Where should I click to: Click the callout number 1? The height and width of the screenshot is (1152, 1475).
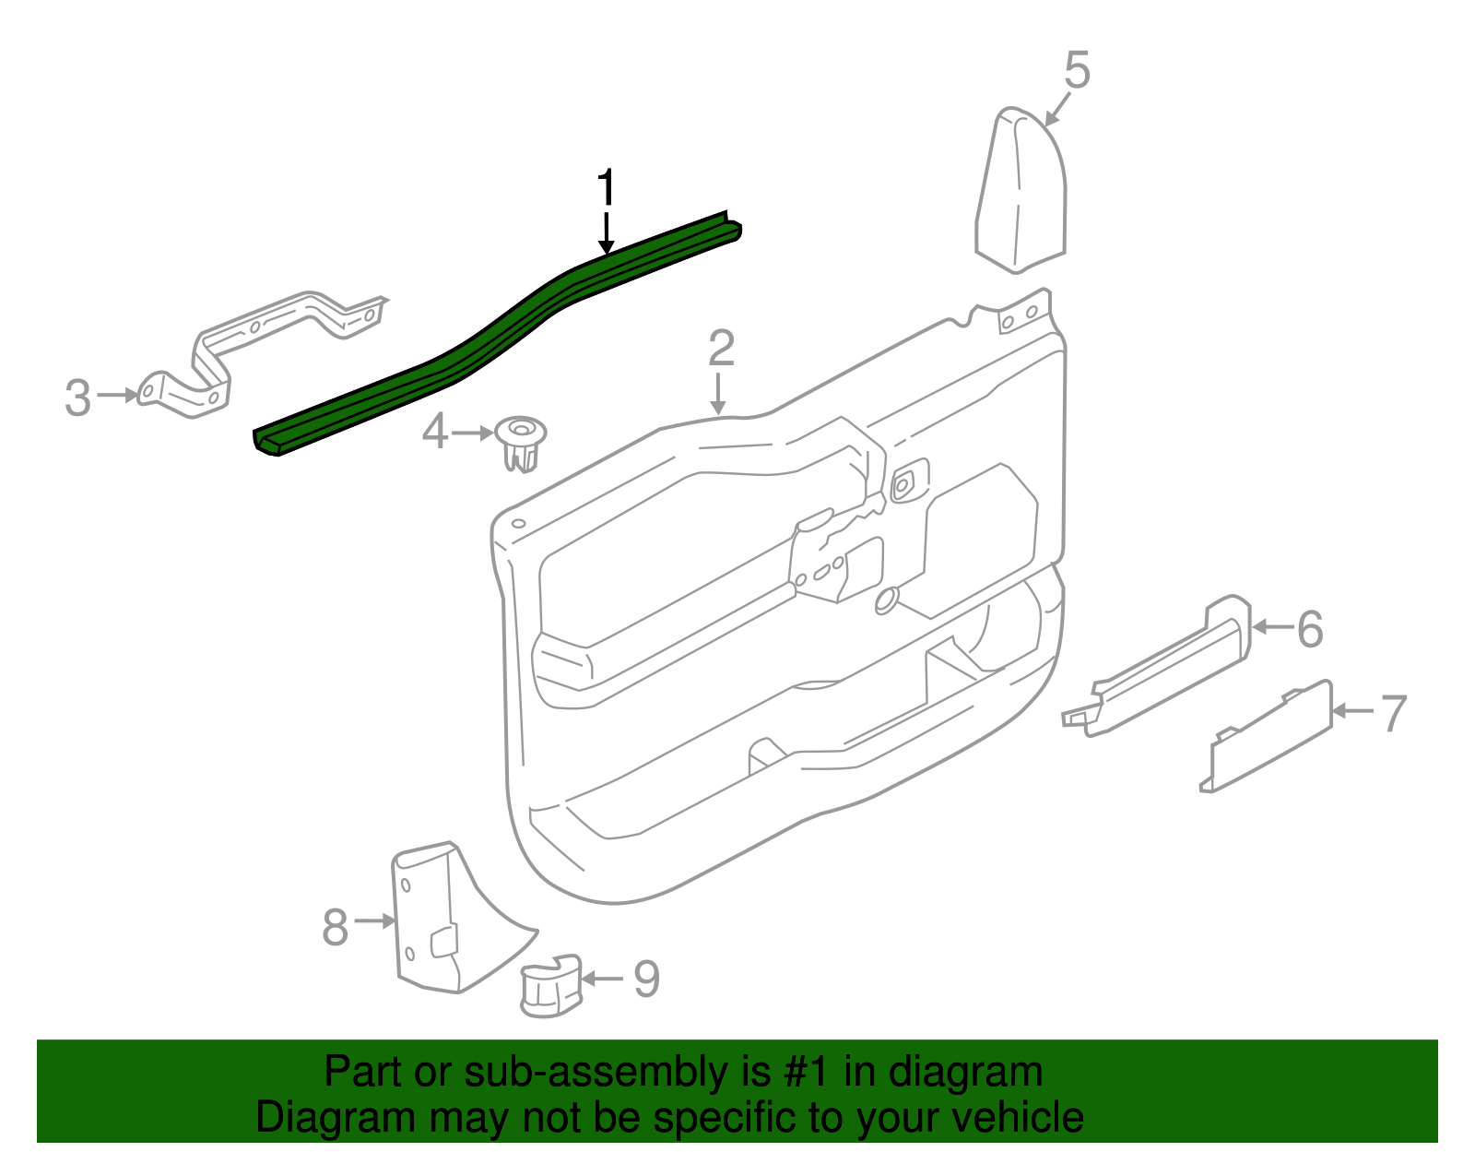(x=606, y=188)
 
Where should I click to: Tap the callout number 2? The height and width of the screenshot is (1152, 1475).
(x=721, y=348)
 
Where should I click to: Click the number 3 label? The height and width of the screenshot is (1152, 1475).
(x=78, y=398)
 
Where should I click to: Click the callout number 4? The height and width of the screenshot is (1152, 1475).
(x=435, y=431)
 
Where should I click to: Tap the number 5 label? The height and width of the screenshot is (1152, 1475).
(x=1077, y=71)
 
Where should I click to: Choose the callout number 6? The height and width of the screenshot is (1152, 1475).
(x=1309, y=629)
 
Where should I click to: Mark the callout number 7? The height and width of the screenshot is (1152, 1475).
(x=1393, y=713)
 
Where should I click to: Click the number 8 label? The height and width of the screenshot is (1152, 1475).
(x=336, y=926)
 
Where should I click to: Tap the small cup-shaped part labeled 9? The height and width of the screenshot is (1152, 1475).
(x=551, y=986)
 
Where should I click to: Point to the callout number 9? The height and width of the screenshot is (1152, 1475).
(x=646, y=979)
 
